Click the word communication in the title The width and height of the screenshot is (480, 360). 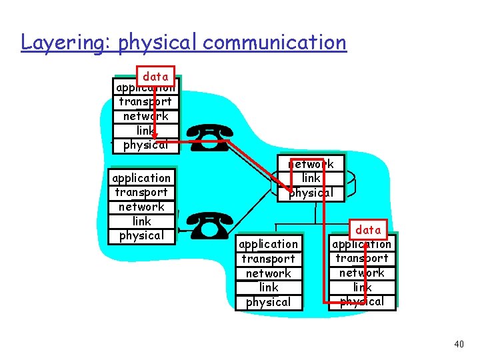click(275, 43)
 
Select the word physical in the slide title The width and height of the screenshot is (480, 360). click(158, 43)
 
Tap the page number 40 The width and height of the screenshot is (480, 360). click(458, 344)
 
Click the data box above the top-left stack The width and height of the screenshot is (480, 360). click(155, 77)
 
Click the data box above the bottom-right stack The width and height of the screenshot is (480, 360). click(368, 230)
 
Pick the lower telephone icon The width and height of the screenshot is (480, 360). click(209, 226)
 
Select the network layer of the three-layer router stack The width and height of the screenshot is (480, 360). click(311, 164)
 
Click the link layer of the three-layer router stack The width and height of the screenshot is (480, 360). click(311, 179)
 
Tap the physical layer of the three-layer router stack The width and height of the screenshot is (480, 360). click(311, 193)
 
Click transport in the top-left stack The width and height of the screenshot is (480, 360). click(145, 102)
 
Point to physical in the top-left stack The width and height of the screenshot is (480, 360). click(145, 145)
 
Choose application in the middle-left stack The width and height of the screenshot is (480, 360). click(141, 178)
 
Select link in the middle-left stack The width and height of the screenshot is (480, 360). click(141, 221)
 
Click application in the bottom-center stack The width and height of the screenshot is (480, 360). click(268, 244)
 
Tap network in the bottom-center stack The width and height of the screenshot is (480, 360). click(268, 273)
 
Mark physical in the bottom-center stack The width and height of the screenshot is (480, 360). click(268, 302)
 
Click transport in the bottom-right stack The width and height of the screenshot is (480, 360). click(362, 259)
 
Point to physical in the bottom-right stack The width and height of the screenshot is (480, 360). click(362, 301)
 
